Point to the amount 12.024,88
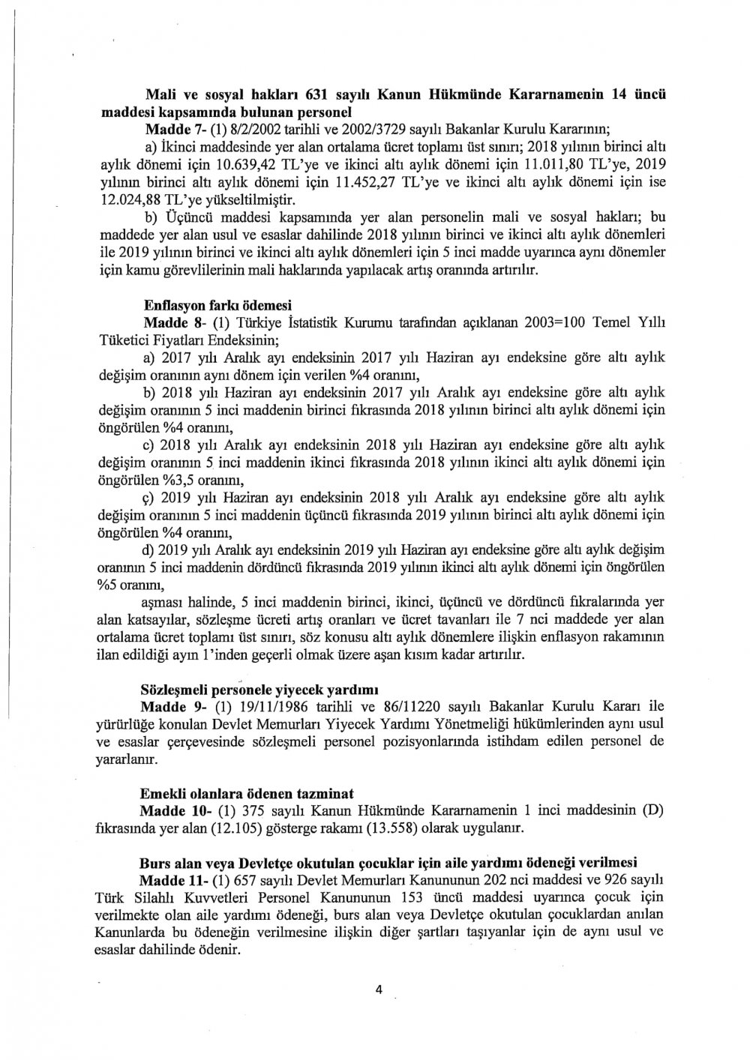click(129, 200)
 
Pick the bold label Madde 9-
click(169, 706)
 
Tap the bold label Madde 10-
click(172, 810)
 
